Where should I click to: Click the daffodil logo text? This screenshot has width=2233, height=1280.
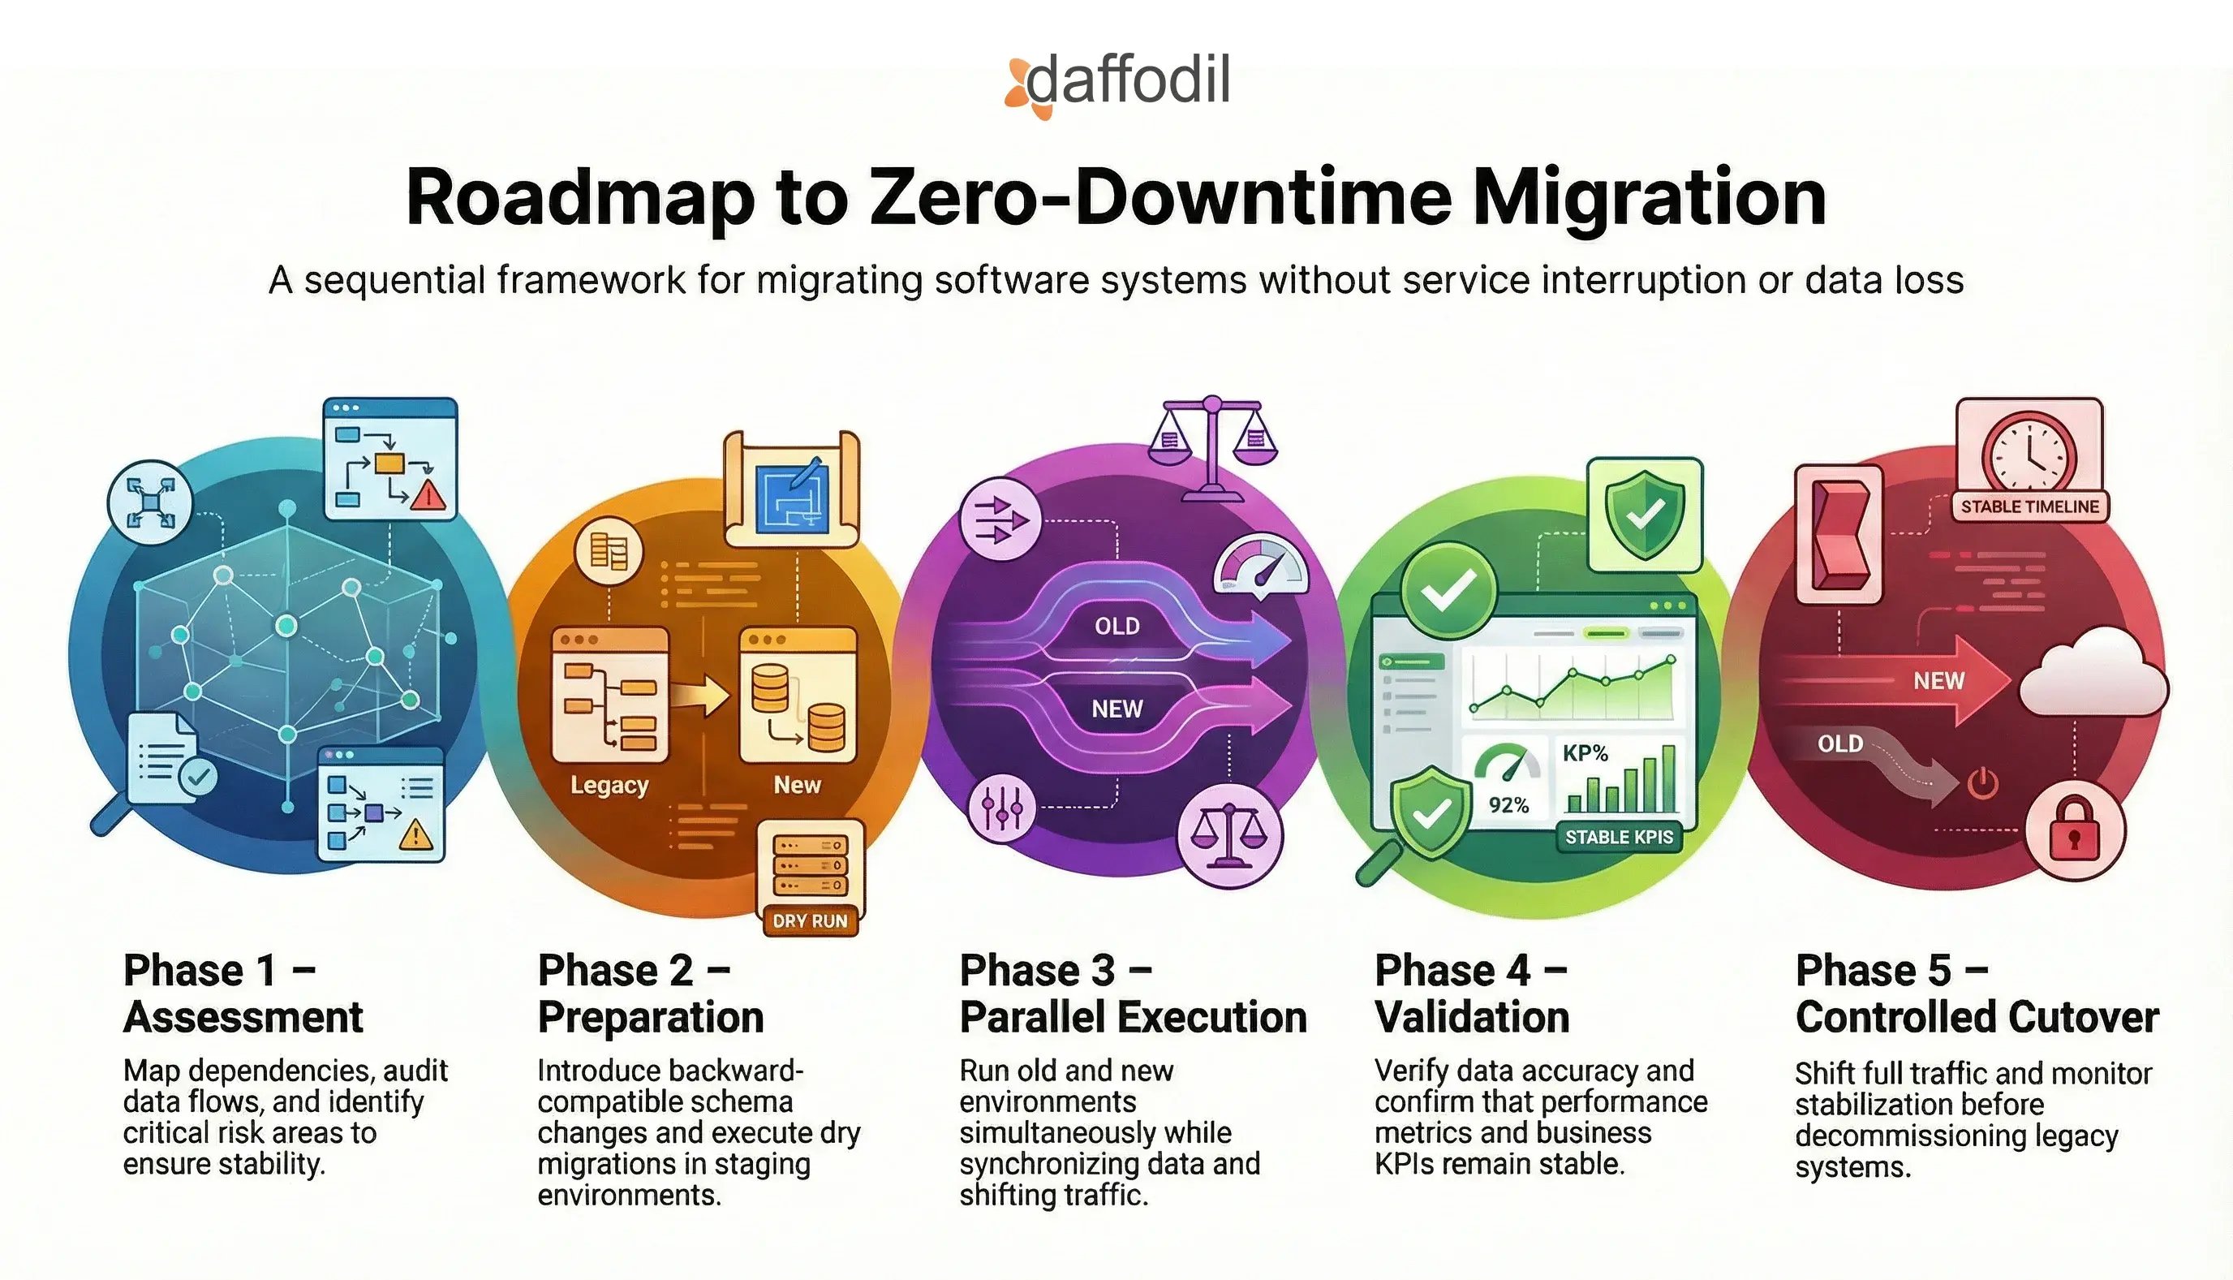coord(1128,81)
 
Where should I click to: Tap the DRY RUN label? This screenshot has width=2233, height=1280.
coord(809,921)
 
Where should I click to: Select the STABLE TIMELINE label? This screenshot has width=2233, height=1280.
coord(2029,506)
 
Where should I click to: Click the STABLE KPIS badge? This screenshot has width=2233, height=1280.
coord(1619,837)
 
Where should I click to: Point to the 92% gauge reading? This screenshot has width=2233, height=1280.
coord(1508,805)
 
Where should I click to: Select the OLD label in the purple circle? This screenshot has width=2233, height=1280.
coord(1117,626)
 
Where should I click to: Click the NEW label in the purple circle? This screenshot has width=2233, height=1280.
coord(1117,709)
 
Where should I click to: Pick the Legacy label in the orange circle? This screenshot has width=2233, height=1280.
coord(609,785)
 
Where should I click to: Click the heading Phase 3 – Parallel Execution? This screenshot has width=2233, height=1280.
coord(1133,993)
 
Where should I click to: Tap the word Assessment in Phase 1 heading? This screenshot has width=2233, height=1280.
coord(243,1017)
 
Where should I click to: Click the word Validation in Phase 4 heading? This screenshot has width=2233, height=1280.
coord(1472,1017)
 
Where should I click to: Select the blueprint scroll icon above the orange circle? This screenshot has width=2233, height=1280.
coord(792,489)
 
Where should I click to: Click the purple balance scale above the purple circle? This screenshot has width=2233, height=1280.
coord(1212,448)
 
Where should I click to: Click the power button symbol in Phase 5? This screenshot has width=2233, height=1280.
coord(1982,783)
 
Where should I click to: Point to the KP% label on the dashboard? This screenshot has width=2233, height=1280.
coord(1585,753)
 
